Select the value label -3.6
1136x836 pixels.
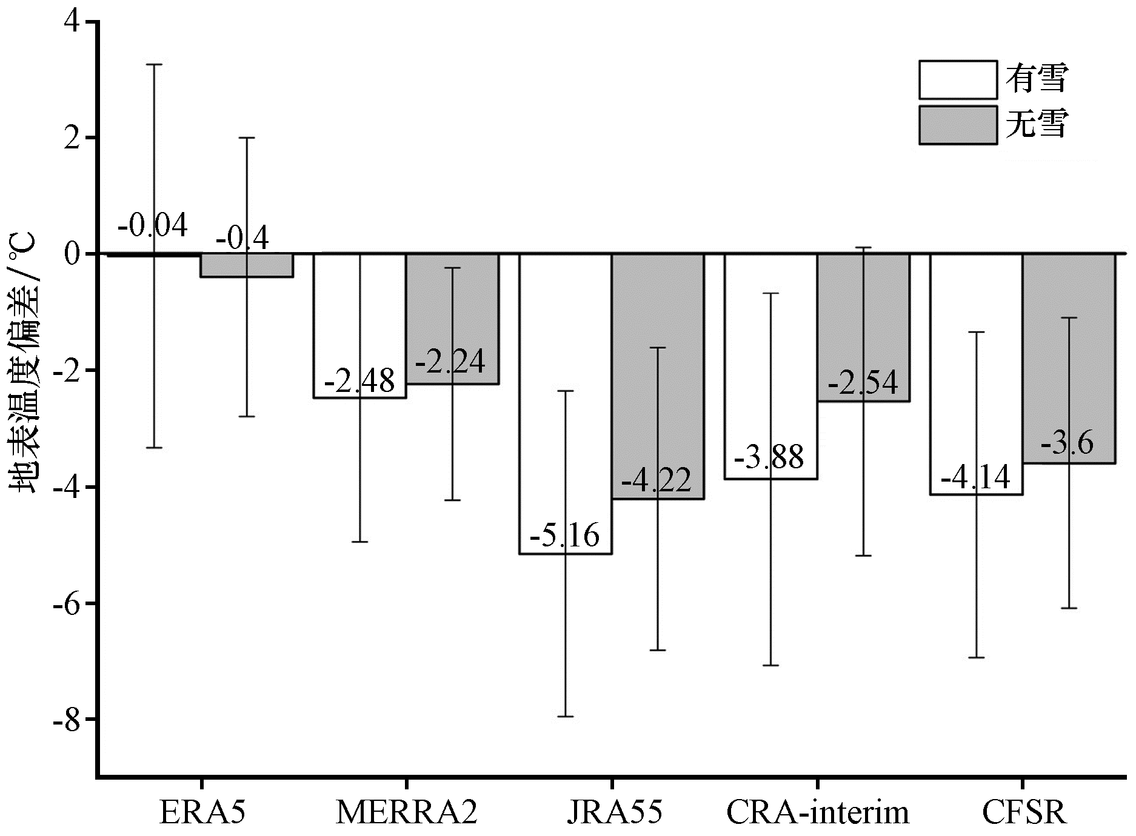(x=1068, y=443)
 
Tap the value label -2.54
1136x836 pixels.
(x=863, y=383)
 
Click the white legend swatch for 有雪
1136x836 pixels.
(x=958, y=79)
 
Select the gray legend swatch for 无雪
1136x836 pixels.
(x=958, y=125)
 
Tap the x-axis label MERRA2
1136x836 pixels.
(x=406, y=813)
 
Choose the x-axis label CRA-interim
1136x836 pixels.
(x=818, y=813)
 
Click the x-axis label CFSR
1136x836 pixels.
(x=1024, y=813)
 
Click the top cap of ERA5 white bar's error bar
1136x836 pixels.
(x=155, y=64)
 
